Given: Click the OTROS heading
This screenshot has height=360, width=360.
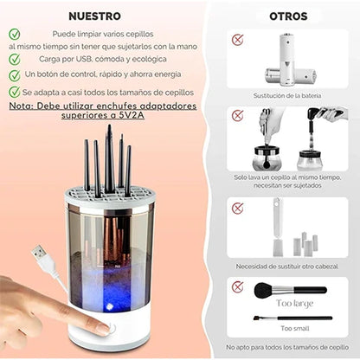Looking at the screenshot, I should pyautogui.click(x=287, y=16).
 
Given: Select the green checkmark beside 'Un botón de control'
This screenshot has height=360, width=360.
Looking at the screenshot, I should pyautogui.click(x=15, y=75).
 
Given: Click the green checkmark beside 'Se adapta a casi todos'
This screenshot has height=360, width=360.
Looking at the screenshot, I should pyautogui.click(x=15, y=92).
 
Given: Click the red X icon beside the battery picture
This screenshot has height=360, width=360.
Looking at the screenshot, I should pyautogui.click(x=238, y=40).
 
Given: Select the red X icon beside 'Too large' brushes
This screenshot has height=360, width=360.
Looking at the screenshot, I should pyautogui.click(x=238, y=286).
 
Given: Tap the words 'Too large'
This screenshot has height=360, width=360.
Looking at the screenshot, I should pyautogui.click(x=295, y=304).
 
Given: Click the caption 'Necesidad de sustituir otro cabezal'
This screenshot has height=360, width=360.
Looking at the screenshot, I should pyautogui.click(x=288, y=266).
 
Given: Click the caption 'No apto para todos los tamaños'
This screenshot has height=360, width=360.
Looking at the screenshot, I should pyautogui.click(x=288, y=348).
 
